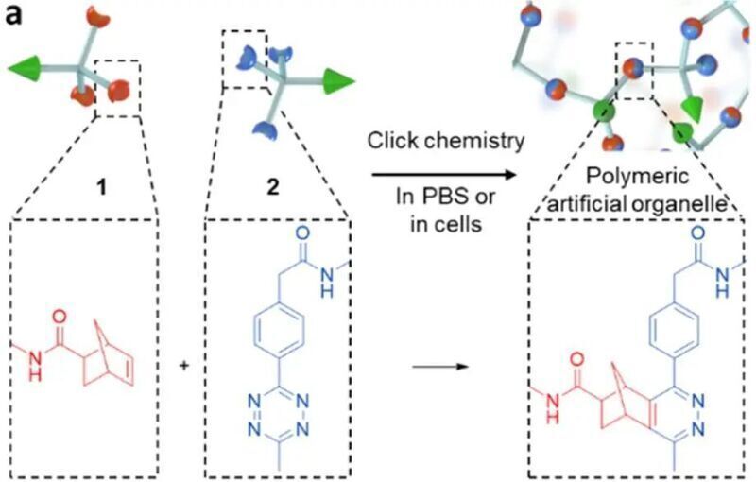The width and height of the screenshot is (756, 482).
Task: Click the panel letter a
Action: pos(14,15)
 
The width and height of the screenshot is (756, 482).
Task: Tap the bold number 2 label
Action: pos(273,187)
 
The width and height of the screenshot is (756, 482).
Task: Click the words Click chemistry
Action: pos(446,141)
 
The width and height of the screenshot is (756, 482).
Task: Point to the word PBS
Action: pos(445,197)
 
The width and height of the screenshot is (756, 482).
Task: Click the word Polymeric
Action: pos(637,177)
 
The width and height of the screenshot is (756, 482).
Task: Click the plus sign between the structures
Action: pos(183,367)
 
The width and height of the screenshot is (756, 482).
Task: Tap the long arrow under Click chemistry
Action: pos(444,175)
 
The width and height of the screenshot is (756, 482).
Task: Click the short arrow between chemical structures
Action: pos(440,367)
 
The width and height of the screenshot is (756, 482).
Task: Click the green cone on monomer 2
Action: pos(338,81)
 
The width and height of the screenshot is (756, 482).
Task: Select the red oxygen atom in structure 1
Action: pos(60,318)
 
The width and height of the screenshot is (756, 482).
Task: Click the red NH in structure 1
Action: pos(35,366)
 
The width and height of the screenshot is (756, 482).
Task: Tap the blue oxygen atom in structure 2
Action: pos(302,233)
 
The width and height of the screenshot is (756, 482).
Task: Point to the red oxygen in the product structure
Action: pos(576,359)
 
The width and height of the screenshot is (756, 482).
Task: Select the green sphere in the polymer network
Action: pos(605,112)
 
